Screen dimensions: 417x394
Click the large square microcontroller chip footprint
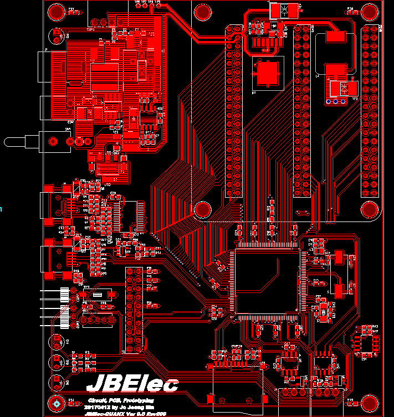267,282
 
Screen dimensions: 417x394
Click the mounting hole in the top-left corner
55,12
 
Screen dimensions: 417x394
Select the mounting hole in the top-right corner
369,12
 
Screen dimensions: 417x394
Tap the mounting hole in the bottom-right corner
369,403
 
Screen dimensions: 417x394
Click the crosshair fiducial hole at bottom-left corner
56,404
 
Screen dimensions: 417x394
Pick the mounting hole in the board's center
202,209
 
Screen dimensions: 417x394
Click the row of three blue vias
335,101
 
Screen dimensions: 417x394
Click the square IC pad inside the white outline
267,73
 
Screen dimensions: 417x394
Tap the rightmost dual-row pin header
370,111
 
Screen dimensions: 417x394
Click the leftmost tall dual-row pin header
234,111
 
